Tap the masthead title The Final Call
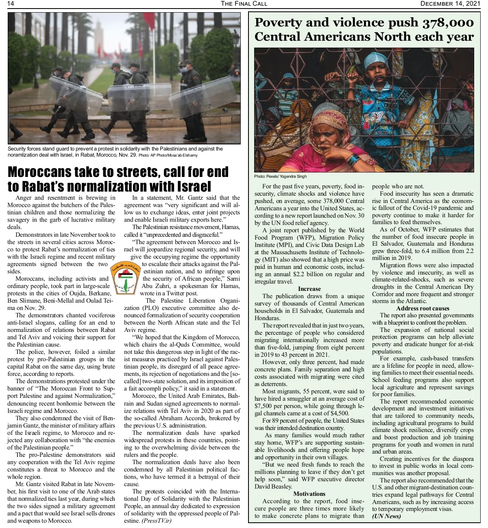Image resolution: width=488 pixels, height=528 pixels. coord(244,4)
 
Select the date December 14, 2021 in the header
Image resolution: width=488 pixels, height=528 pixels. coord(450,4)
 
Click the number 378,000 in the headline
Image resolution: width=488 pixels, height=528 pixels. coord(447,23)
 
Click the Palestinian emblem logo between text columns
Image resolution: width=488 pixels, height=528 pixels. coord(125,278)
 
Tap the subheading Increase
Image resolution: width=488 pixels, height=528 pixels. coord(309,289)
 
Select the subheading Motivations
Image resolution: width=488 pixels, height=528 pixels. coord(309,494)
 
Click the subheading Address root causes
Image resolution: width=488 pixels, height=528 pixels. coord(423,308)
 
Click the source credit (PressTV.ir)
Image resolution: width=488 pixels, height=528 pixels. coord(157,521)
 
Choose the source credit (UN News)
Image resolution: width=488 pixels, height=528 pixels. coord(386,516)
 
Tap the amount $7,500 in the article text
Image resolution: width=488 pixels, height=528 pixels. coord(264,406)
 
